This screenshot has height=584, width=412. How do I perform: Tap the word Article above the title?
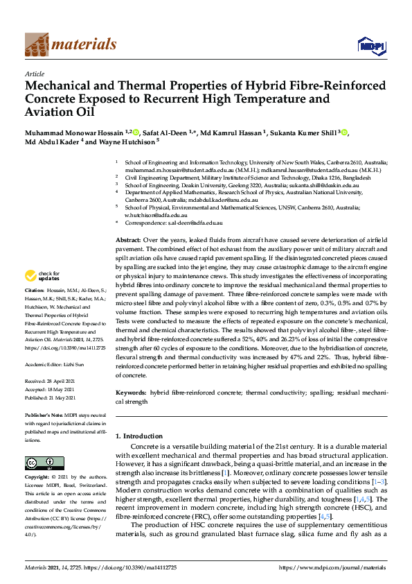click(x=34, y=74)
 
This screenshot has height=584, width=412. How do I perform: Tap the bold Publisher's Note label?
click(x=45, y=415)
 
